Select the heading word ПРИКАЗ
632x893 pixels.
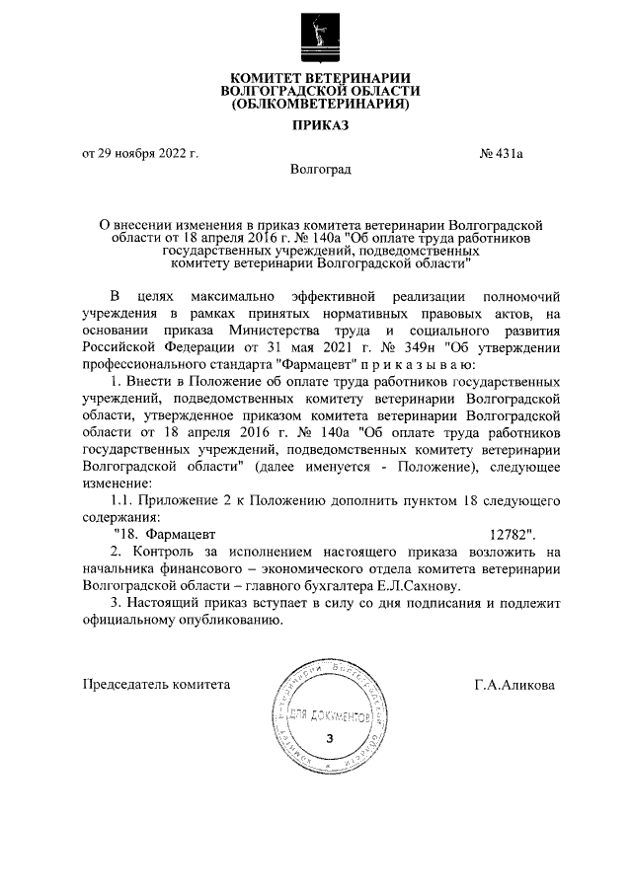click(317, 125)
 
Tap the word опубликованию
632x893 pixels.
click(223, 621)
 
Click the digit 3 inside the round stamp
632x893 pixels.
click(330, 738)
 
